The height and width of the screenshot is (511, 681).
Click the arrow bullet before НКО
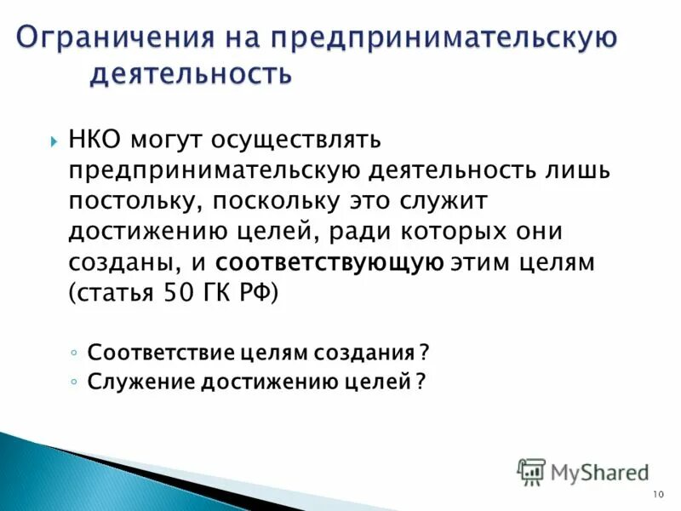tap(52, 140)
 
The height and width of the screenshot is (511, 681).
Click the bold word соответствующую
tap(329, 263)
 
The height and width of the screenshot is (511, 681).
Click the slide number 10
tap(657, 496)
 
